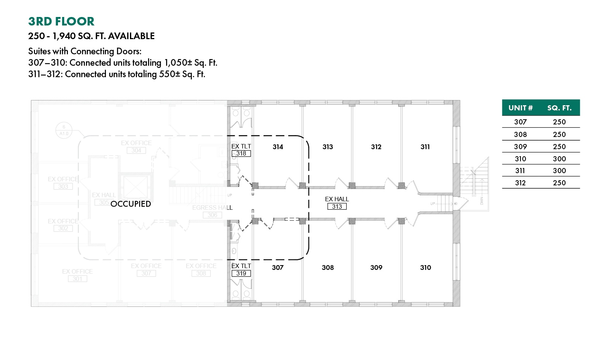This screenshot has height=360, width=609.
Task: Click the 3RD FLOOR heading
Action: coord(61,21)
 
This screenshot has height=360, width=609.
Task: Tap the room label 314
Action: coord(278,147)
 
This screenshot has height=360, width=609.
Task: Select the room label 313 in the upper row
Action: coord(328,147)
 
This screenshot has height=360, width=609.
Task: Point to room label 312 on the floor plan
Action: coord(376,147)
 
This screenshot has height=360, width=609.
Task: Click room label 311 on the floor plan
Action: coord(425,147)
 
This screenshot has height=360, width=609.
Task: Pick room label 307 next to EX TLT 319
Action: coord(278,268)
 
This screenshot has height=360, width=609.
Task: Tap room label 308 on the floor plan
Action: coord(328,268)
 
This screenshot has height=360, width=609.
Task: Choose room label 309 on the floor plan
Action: coord(376,268)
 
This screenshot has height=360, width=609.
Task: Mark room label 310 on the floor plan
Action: coord(426,268)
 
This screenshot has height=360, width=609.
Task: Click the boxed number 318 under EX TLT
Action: coord(241,154)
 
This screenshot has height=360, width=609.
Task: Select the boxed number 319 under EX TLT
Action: coord(241,274)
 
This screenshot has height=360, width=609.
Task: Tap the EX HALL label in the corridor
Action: coord(337,199)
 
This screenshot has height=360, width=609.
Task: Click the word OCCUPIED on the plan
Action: coord(131,204)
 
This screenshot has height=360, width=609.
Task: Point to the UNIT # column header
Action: coord(520,108)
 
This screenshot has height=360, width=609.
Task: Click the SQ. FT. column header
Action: coord(559,108)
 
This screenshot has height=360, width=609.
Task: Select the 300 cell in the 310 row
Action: coord(559,159)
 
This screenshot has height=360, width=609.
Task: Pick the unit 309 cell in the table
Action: coord(520,147)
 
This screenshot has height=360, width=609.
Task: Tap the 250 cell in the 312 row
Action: coord(559,183)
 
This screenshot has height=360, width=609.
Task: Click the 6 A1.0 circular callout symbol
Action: coord(64,130)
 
